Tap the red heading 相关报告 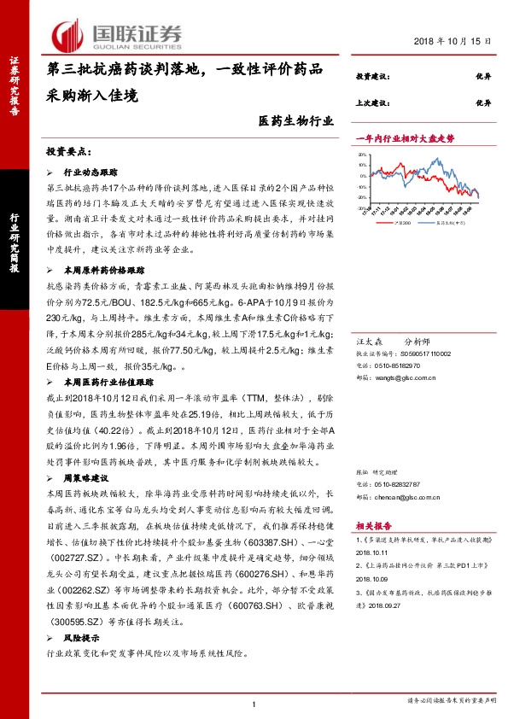click(373, 527)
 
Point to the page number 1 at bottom click(254, 703)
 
